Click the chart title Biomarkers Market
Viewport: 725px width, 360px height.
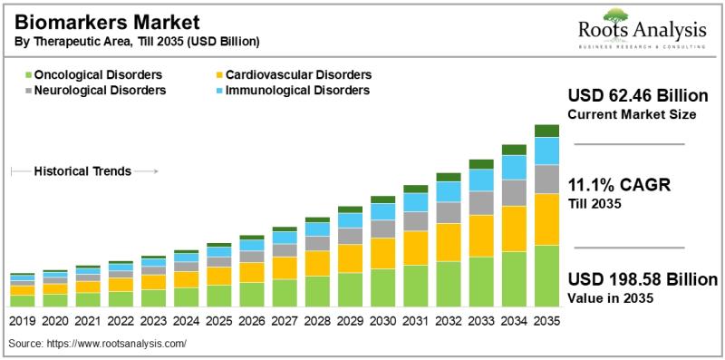(x=107, y=22)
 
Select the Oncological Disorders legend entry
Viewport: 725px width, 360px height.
(x=93, y=74)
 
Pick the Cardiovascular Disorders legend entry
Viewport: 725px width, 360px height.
(x=294, y=74)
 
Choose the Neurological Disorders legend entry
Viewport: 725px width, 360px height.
(x=95, y=90)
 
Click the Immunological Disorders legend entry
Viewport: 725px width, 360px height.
(x=293, y=90)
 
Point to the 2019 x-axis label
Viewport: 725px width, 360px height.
(x=22, y=321)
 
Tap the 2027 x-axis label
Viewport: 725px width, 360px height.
(x=285, y=321)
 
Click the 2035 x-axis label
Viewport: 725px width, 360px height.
(x=547, y=321)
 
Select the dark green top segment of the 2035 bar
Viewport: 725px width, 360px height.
(x=547, y=131)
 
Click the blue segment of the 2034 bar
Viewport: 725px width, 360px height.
(x=514, y=168)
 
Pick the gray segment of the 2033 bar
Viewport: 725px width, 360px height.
(x=481, y=203)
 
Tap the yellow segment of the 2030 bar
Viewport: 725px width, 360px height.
(x=382, y=254)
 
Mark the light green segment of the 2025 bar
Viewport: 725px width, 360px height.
(x=218, y=296)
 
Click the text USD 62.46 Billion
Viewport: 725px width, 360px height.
(x=638, y=96)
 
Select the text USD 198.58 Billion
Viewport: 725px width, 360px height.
(x=643, y=279)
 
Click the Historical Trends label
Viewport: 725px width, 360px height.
(x=82, y=171)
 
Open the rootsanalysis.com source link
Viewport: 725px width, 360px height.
(x=116, y=344)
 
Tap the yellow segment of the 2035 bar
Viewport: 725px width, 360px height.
(x=547, y=219)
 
